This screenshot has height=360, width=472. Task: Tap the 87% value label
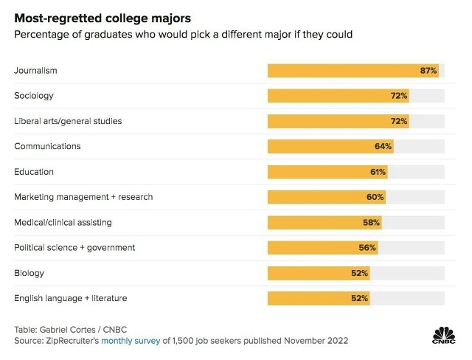coord(428,71)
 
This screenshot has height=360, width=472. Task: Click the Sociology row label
coord(34,96)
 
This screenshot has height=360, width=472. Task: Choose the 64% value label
coord(383,146)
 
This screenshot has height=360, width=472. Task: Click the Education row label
coord(35,172)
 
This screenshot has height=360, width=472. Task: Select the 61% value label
coord(378,172)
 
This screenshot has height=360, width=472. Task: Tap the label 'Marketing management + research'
coord(83,197)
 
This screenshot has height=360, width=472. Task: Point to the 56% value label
coord(367,248)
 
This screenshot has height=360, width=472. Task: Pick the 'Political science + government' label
coord(74,248)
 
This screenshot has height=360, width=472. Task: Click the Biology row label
coord(29,273)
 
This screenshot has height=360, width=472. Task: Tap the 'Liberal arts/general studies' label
coord(68,121)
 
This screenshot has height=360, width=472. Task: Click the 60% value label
coord(375,197)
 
